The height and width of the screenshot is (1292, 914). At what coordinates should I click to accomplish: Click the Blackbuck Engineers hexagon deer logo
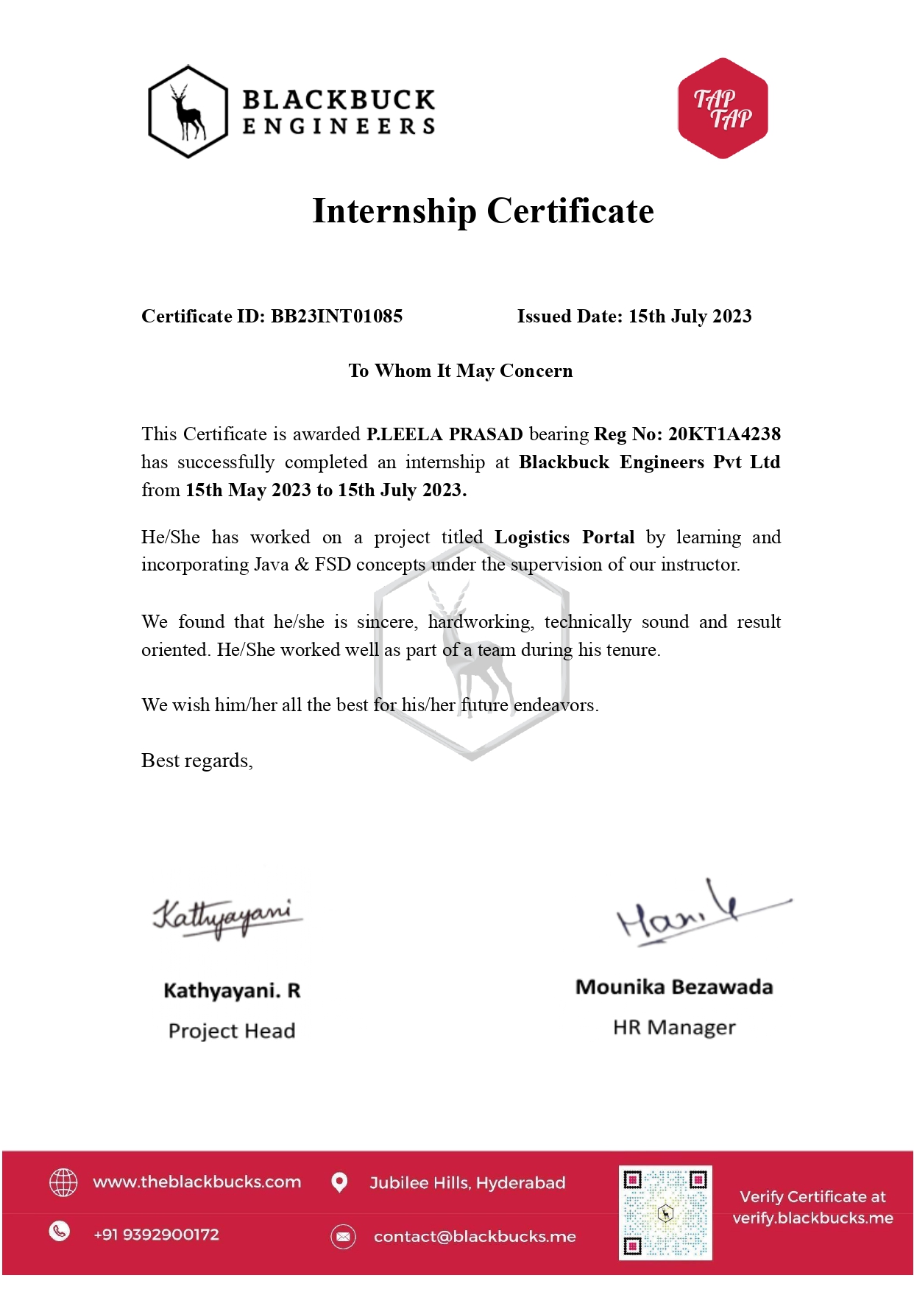click(x=188, y=111)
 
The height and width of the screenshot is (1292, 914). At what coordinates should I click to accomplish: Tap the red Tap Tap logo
click(x=723, y=108)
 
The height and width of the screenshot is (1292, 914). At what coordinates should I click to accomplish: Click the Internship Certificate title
click(x=483, y=211)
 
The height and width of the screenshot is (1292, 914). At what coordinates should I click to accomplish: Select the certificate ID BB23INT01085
click(x=336, y=317)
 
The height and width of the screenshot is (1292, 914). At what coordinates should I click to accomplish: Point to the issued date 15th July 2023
click(x=690, y=317)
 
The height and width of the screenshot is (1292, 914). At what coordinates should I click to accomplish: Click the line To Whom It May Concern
click(x=461, y=371)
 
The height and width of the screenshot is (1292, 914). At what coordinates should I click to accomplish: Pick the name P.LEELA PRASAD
click(x=444, y=434)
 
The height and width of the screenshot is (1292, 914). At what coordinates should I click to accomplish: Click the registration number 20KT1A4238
click(x=724, y=434)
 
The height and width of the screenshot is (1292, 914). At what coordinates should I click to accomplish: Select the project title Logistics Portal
click(x=564, y=537)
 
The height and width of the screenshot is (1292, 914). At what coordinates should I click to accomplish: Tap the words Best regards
click(x=196, y=760)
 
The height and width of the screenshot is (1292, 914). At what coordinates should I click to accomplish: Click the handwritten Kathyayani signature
click(x=227, y=917)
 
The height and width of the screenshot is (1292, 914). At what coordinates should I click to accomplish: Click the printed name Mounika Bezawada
click(x=674, y=987)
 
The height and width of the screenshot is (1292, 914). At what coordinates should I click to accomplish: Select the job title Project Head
click(x=232, y=1031)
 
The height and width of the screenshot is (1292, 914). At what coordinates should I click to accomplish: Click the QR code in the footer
click(x=665, y=1212)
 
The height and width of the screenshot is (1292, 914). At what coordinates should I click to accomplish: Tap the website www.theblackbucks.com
click(x=197, y=1182)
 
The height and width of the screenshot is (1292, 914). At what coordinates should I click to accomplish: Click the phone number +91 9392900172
click(x=156, y=1235)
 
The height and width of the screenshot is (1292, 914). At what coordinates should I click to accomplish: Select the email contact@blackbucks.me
click(x=475, y=1237)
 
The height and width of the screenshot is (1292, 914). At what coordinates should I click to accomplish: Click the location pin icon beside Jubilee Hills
click(x=339, y=1182)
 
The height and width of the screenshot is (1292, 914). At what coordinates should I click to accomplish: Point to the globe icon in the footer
click(x=63, y=1182)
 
